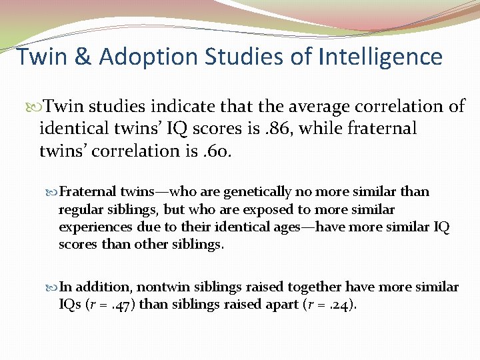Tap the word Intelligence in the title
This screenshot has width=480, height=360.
point(381,57)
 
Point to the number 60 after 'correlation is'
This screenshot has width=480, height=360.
point(217,151)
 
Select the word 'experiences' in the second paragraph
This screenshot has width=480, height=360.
point(90,227)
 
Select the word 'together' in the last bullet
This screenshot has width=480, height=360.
point(315,287)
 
